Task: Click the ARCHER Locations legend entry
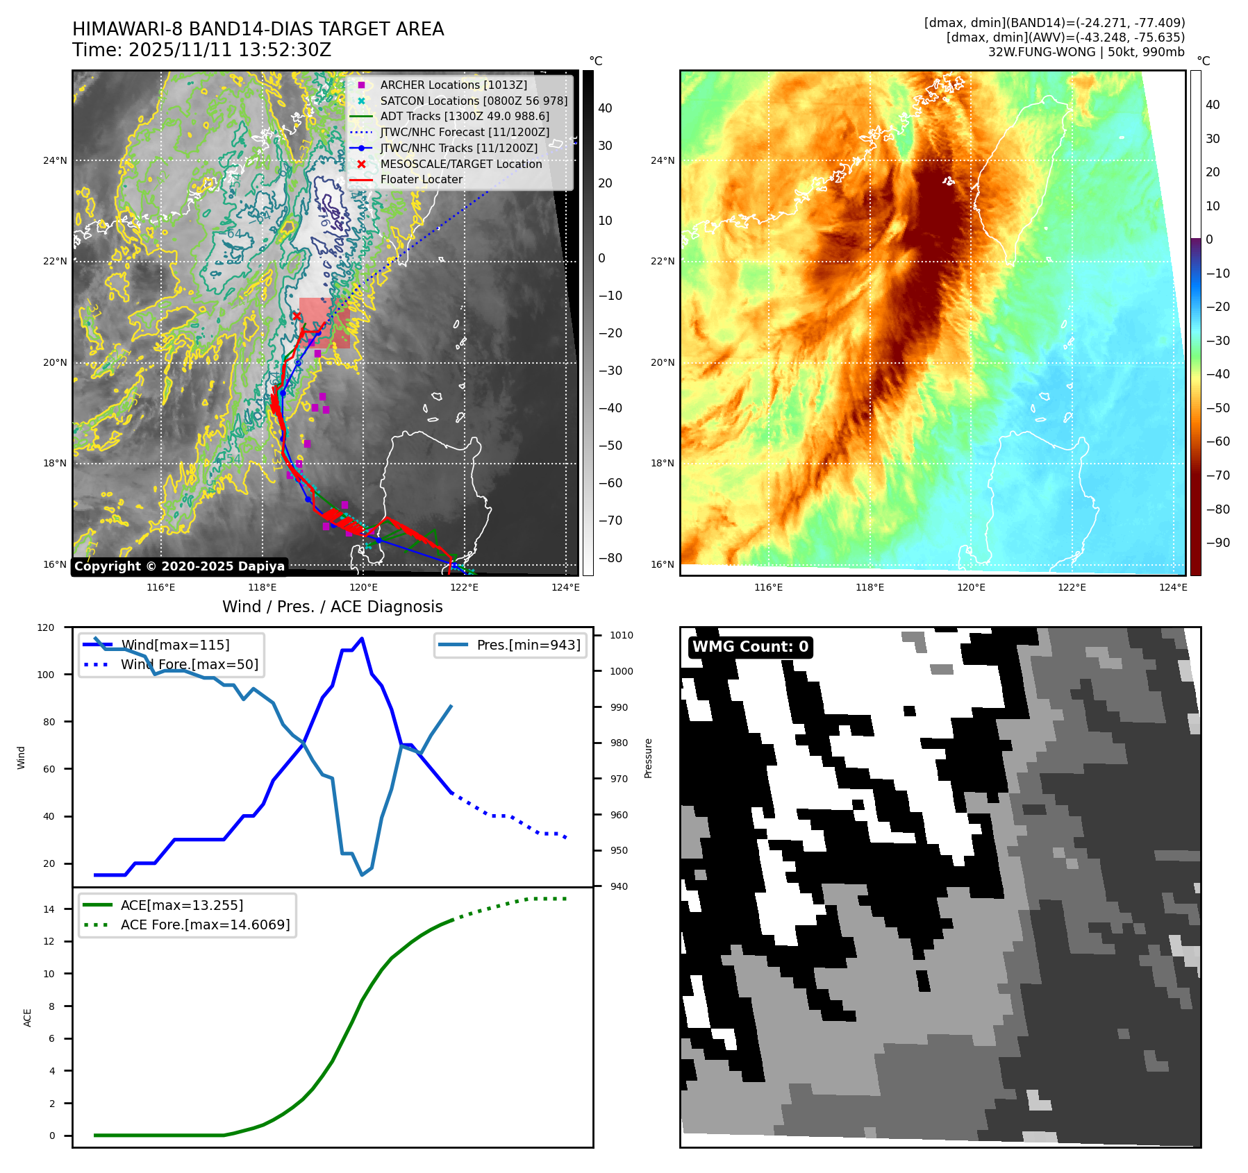tap(453, 85)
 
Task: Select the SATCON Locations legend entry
tap(473, 101)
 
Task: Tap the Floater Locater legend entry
tap(421, 179)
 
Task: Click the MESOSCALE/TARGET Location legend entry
tap(460, 164)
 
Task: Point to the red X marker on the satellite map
tap(297, 316)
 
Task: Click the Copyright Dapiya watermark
tap(179, 566)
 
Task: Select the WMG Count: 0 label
tap(750, 647)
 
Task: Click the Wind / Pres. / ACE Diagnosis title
tap(332, 607)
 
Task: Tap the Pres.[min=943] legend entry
tap(528, 645)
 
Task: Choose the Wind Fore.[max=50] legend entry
tap(189, 664)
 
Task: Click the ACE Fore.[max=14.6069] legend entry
tap(205, 925)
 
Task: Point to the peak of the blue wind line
tap(362, 639)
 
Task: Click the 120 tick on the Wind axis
tap(46, 627)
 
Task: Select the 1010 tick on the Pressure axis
tap(622, 635)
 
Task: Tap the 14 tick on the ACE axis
tap(49, 909)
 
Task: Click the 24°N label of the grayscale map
tap(56, 160)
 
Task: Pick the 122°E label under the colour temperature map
tap(1072, 587)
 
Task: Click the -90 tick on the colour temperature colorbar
tap(1217, 543)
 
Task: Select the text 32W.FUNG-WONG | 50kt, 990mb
tap(1086, 52)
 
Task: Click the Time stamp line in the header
tap(201, 50)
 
